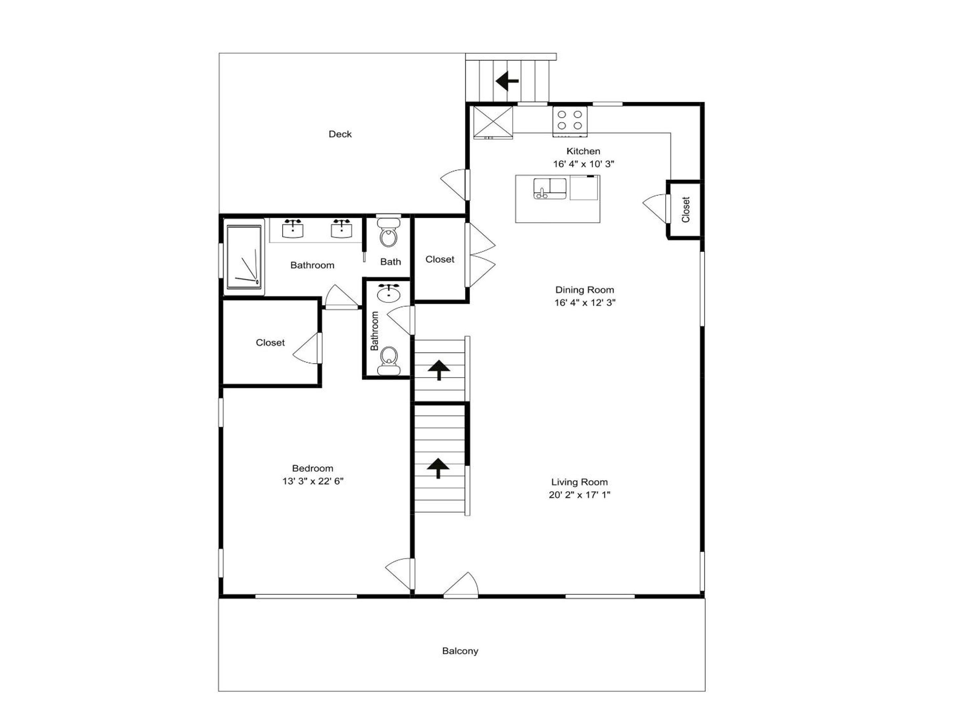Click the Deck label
(x=340, y=134)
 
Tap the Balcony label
(x=460, y=651)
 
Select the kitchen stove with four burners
(x=570, y=121)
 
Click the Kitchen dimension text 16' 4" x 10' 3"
(x=584, y=164)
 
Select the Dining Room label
(x=584, y=289)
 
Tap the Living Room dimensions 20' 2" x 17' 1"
(x=579, y=495)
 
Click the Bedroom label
(x=312, y=468)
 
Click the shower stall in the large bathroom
(x=244, y=257)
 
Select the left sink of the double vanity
(x=293, y=229)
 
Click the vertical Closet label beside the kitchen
(x=685, y=209)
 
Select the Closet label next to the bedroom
(x=270, y=343)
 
